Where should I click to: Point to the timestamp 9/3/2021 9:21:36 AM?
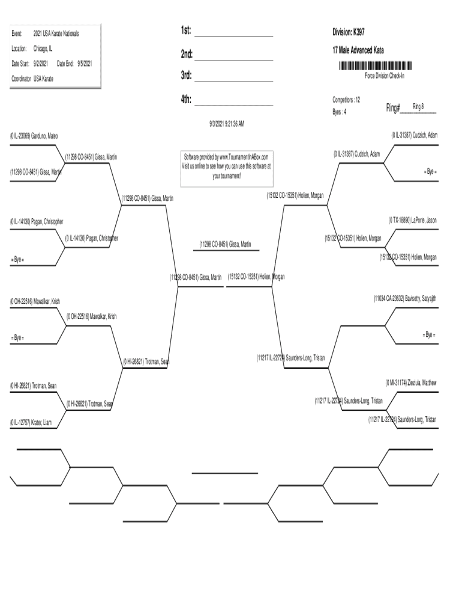[x=223, y=124]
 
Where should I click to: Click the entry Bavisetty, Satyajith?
[x=405, y=298]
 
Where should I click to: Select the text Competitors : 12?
[x=346, y=100]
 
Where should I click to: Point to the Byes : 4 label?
[x=340, y=112]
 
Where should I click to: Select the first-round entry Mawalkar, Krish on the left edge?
[x=34, y=301]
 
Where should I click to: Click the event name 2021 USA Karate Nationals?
[x=56, y=34]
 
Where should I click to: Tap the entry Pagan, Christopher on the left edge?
[x=37, y=222]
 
